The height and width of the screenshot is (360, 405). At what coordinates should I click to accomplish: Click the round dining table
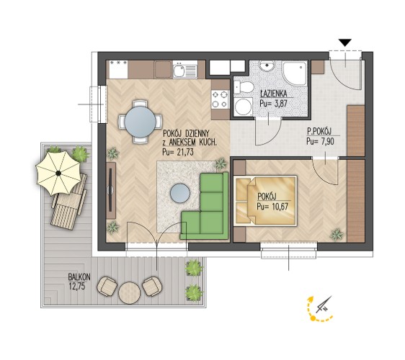pos(141,122)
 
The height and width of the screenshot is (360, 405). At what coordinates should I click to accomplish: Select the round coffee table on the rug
pos(180,193)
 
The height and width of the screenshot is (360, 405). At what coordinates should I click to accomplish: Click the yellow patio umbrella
pos(58,174)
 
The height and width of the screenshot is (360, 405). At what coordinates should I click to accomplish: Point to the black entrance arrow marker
pos(345,42)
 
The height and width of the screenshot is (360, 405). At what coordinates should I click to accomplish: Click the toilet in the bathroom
pos(244,88)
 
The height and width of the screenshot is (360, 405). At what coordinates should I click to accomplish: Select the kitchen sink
pos(179,71)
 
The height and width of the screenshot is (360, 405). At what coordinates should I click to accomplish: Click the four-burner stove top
pos(221,99)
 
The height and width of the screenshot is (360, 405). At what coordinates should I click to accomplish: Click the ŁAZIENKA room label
pos(273,93)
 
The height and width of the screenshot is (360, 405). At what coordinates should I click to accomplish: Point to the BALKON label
pos(79,277)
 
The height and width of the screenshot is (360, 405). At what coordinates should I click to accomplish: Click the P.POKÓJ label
pos(319,132)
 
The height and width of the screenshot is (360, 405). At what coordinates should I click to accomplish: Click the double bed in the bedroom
pos(265,200)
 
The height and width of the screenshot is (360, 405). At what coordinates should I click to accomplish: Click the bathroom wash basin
pos(268,66)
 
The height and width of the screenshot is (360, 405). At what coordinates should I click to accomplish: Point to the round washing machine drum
pos(243,107)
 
